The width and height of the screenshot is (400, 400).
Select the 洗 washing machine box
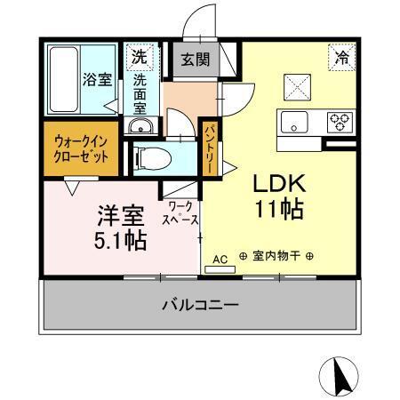(x=138, y=56)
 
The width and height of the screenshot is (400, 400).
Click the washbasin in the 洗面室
(x=141, y=128)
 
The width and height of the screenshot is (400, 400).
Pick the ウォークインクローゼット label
(x=81, y=148)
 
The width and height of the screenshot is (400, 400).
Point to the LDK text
(x=280, y=184)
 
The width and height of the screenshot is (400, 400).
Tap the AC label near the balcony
(x=221, y=259)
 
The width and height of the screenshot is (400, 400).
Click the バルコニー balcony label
(x=199, y=305)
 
